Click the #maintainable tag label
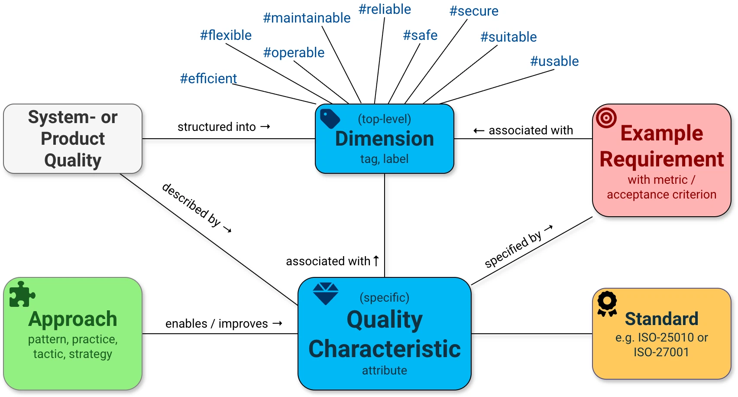click(x=307, y=18)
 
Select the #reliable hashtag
click(x=385, y=9)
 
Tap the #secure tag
click(x=474, y=11)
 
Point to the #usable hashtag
click(x=554, y=61)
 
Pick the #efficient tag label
click(x=208, y=78)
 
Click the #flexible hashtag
click(x=226, y=35)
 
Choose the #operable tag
click(x=294, y=52)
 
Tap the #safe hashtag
click(x=420, y=35)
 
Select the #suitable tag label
click(x=508, y=37)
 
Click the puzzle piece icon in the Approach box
click(x=21, y=295)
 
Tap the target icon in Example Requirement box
click(x=606, y=117)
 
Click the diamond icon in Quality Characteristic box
click(x=326, y=293)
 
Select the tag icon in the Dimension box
click(x=330, y=118)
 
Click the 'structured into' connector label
click(x=223, y=127)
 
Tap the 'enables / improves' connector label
click(x=223, y=324)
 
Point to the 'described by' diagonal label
click(x=196, y=207)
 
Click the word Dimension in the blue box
click(x=385, y=139)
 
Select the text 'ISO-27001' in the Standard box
click(x=661, y=352)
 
